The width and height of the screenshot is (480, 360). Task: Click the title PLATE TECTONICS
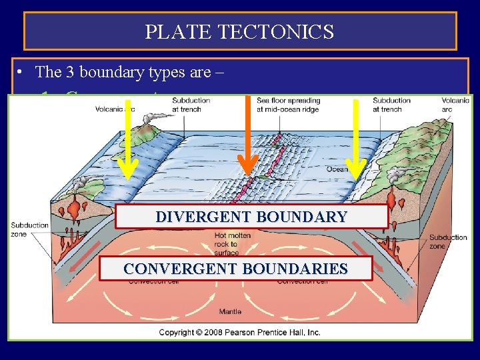pos(240,31)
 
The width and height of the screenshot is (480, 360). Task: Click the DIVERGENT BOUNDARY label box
pos(251,217)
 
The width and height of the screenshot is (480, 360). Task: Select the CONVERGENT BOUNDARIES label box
pos(235,269)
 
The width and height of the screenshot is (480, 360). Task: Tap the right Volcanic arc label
pos(455,105)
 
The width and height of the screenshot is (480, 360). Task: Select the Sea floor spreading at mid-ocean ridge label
pos(288,105)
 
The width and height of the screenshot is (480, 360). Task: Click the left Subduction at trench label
pos(191,105)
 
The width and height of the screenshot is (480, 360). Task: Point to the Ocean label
pos(337,169)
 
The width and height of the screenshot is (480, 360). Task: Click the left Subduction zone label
pos(30,229)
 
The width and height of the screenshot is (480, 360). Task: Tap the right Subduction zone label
pos(449,241)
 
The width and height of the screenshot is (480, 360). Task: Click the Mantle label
pos(231,311)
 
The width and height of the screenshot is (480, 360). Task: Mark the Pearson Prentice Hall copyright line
pos(239,332)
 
